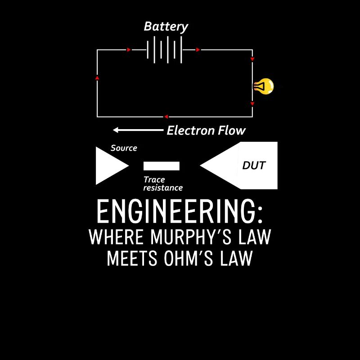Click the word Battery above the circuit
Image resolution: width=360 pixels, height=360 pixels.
(x=166, y=27)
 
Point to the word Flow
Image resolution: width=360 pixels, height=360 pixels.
(x=232, y=130)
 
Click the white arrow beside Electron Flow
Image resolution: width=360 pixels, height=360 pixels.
(x=137, y=130)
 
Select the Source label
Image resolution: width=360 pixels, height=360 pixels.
(x=124, y=148)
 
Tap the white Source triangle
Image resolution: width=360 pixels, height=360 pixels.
(x=108, y=166)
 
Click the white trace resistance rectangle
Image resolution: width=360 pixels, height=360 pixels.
(x=161, y=166)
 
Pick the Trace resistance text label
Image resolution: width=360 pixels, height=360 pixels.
(x=162, y=184)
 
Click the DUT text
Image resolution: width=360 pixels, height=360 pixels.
(x=254, y=166)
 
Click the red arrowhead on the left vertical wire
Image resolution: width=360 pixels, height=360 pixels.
(x=97, y=78)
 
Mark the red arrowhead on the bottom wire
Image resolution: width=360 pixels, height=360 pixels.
(x=166, y=117)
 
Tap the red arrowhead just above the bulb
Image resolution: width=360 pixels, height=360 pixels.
(x=252, y=59)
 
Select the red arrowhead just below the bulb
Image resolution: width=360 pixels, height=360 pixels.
(x=252, y=104)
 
